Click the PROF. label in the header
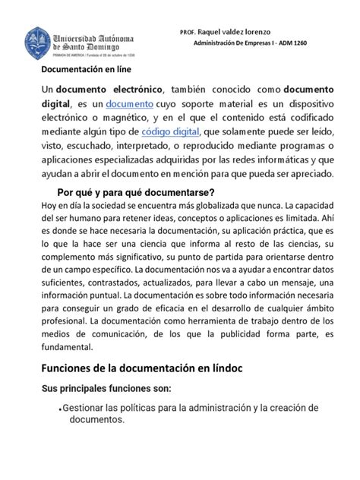(188, 33)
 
